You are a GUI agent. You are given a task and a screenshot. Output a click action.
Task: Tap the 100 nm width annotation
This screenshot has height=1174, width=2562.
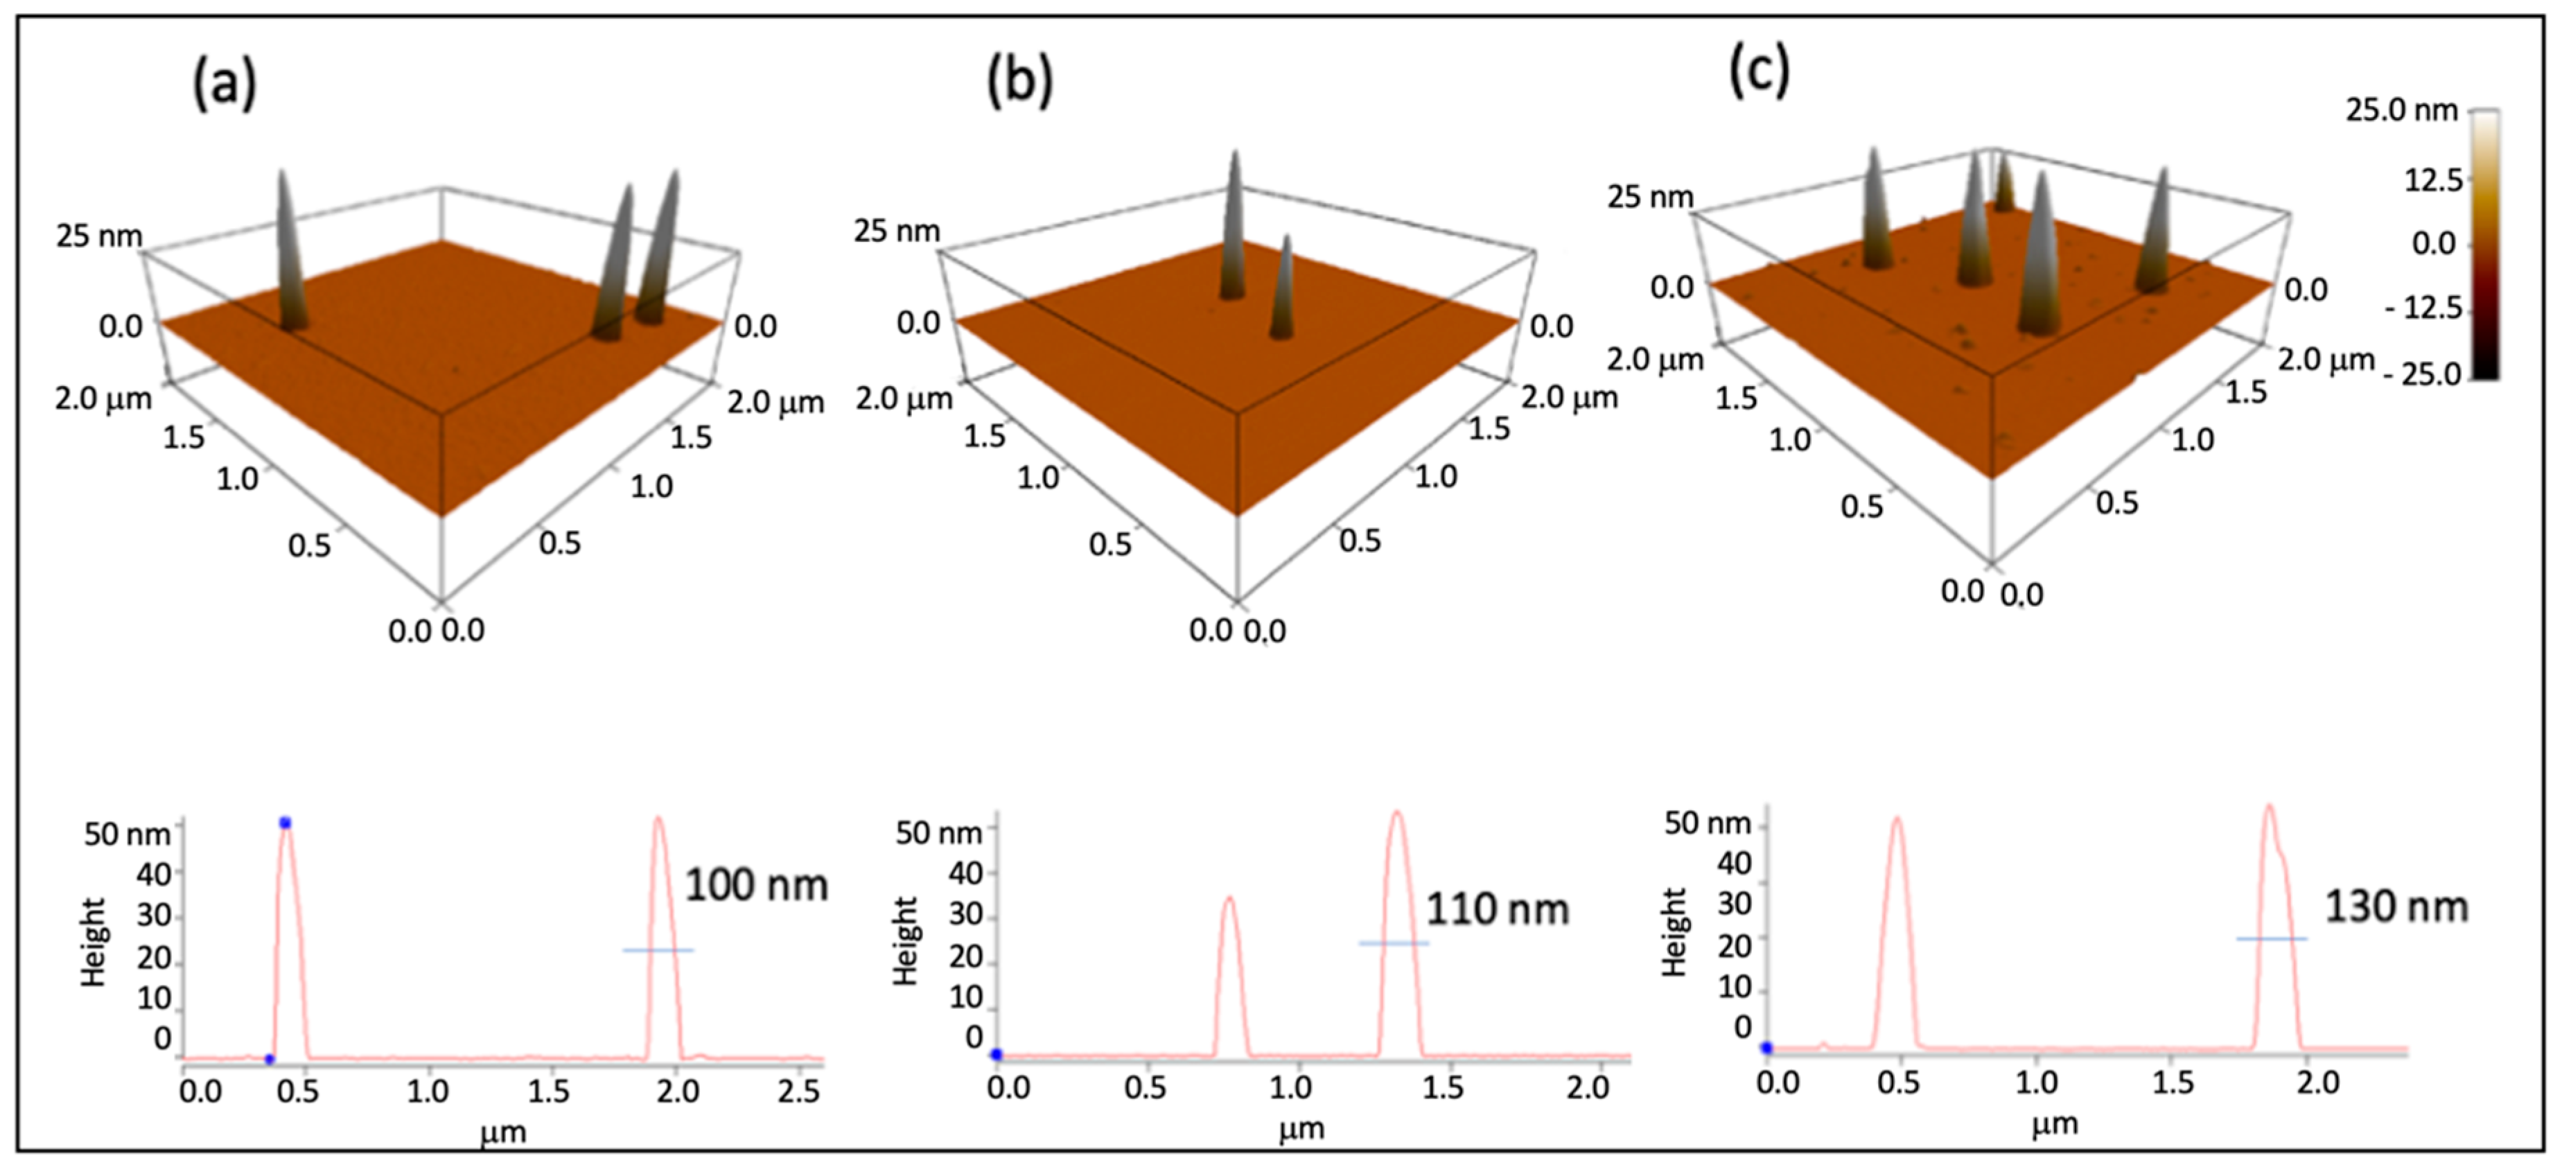coord(756,884)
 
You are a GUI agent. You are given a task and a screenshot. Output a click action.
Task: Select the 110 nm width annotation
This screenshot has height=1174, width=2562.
coord(1497,909)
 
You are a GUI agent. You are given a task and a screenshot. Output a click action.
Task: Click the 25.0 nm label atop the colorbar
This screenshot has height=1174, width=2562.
coord(2401,109)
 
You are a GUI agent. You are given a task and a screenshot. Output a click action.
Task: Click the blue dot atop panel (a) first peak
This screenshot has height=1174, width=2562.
coord(286,823)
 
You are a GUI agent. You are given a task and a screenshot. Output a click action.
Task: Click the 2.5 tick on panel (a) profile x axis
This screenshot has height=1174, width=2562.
coord(798,1092)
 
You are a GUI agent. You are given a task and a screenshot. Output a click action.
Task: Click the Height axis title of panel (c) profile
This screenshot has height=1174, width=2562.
coord(1675,931)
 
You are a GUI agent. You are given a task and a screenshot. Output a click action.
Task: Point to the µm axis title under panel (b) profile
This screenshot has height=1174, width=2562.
coord(1301,1129)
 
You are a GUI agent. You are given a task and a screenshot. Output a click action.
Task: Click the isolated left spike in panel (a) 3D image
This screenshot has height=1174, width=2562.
coord(290,249)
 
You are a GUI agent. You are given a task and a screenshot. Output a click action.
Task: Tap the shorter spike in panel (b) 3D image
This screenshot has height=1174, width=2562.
coord(1284,288)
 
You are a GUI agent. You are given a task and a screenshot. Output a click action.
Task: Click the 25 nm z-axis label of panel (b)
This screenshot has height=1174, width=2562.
coord(896,231)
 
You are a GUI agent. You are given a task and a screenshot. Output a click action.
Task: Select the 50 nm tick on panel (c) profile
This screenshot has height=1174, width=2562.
coord(1708,823)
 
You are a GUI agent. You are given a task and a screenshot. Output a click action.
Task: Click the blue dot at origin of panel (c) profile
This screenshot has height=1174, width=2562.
coord(1766,1048)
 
